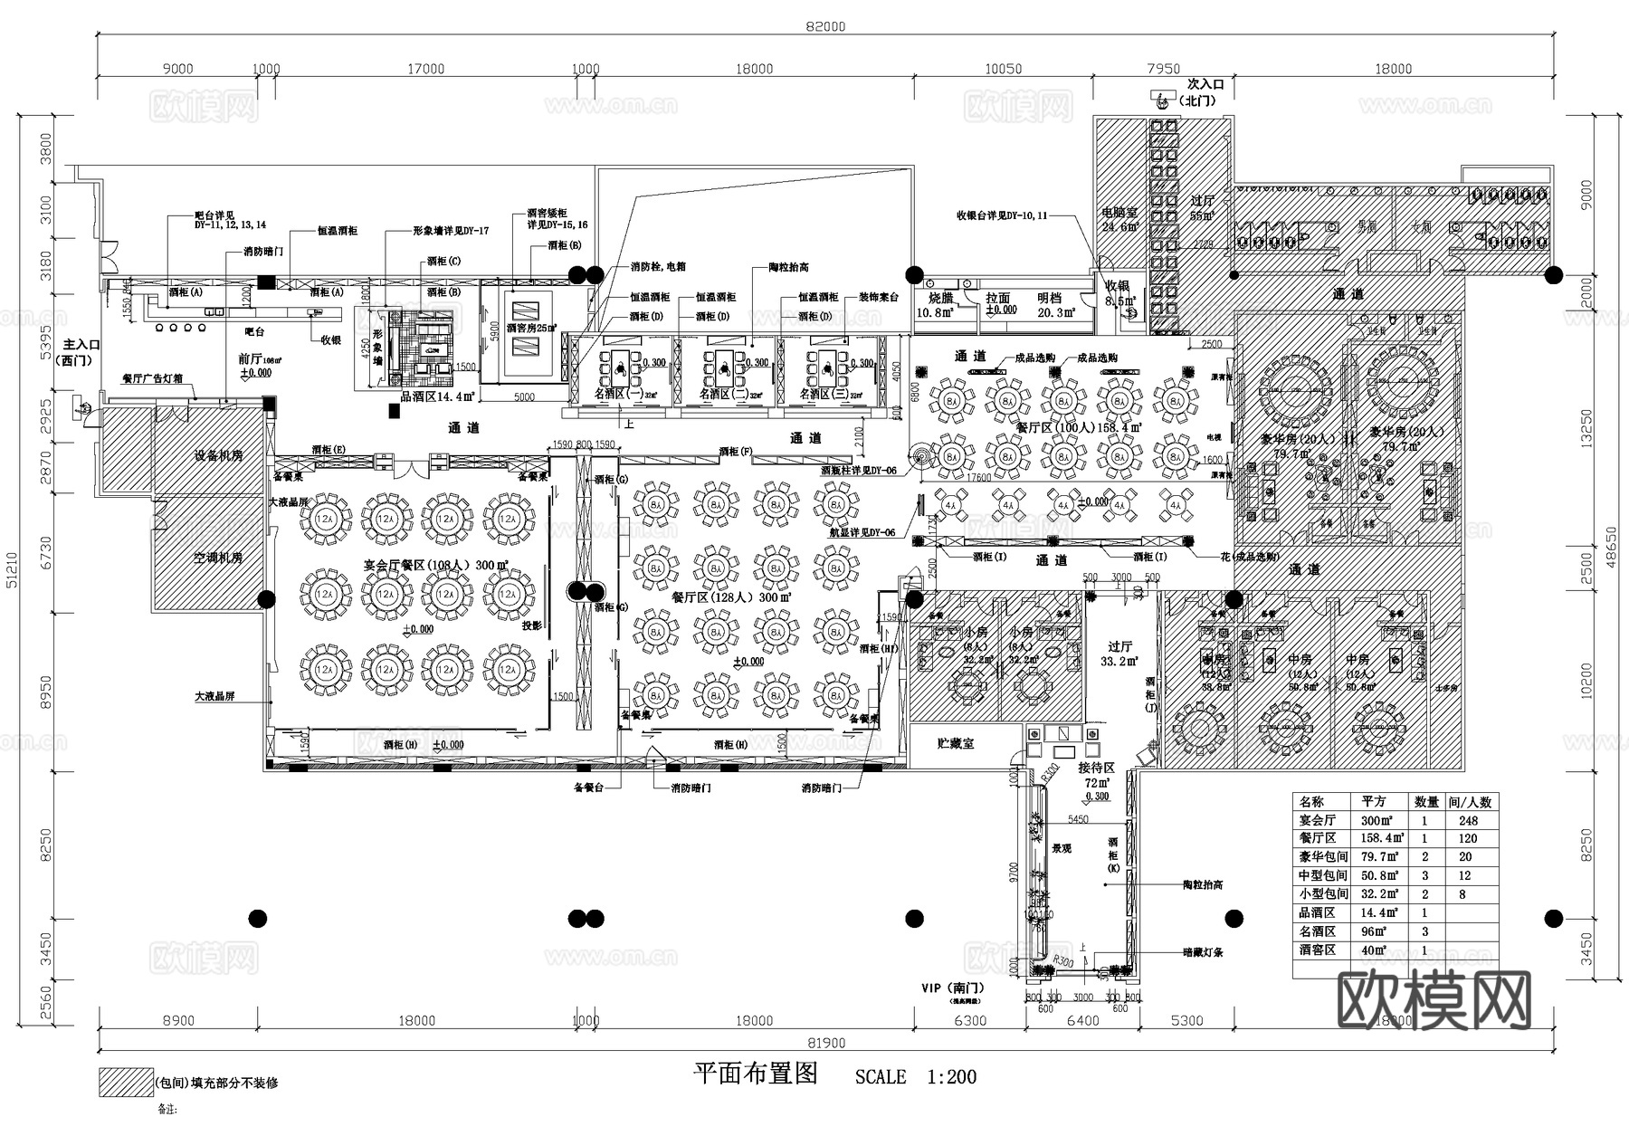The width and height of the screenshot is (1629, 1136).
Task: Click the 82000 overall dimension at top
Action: coord(825,26)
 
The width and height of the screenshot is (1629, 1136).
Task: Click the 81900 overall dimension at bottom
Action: coord(825,1043)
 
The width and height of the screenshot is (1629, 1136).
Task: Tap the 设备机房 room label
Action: coord(218,455)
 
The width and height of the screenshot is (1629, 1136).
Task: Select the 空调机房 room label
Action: coord(218,558)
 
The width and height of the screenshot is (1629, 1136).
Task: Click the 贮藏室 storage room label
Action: coord(955,743)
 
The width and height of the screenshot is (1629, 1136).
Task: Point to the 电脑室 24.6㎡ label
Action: coord(1119,219)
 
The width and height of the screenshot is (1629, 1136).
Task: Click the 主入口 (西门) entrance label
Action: coord(81,352)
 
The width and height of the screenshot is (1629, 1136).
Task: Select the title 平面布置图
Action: coord(755,1074)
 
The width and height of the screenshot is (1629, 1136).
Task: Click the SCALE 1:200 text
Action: coord(916,1077)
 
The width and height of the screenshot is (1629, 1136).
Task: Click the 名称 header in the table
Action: coord(1311,802)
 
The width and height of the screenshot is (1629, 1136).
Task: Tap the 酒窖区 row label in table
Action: coord(1318,950)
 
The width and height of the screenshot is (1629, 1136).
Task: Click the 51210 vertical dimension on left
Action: coord(11,570)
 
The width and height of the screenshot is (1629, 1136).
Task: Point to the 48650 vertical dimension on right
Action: coord(1610,570)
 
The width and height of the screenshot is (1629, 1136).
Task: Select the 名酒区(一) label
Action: coord(618,395)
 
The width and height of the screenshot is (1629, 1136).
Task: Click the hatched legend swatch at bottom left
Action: coord(126,1083)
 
